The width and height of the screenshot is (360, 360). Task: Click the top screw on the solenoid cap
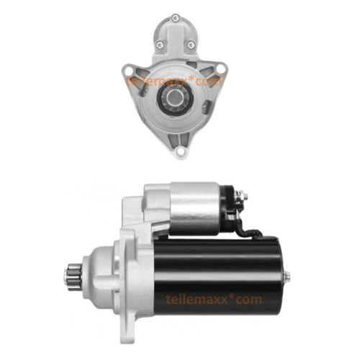pyautogui.click(x=176, y=18)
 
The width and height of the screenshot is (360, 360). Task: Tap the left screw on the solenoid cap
pyautogui.click(x=160, y=45)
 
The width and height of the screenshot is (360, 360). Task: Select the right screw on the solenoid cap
pyautogui.click(x=191, y=45)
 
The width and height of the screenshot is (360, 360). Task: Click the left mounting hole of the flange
pyautogui.click(x=129, y=71)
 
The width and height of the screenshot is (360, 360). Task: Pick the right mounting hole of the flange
pyautogui.click(x=220, y=68)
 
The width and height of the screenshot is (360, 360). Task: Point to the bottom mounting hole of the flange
pyautogui.click(x=181, y=151)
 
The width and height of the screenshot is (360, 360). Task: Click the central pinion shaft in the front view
pyautogui.click(x=174, y=97)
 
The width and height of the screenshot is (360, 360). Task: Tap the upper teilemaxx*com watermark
pyautogui.click(x=174, y=81)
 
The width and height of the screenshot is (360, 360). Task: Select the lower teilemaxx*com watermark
pyautogui.click(x=214, y=300)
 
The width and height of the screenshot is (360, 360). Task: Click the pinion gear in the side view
pyautogui.click(x=73, y=276)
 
